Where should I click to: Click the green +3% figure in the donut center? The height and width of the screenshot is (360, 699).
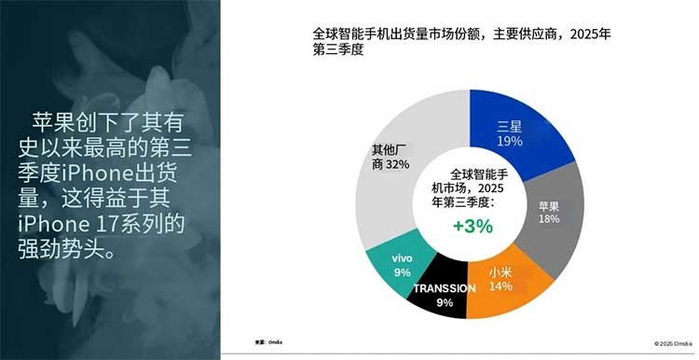point(473,225)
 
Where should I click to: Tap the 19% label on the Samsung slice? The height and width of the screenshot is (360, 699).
point(509,141)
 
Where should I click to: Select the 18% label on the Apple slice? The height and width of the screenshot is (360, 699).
point(549,218)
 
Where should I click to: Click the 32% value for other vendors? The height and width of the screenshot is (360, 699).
point(398,163)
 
